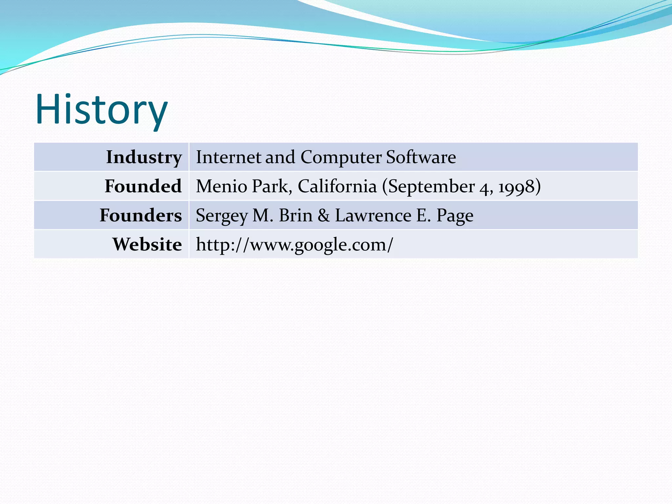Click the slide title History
102,110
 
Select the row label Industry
144,157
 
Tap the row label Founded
143,186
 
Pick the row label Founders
141,215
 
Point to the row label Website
147,244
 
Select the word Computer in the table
341,157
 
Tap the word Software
421,157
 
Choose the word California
337,186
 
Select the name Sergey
221,216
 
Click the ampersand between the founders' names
324,216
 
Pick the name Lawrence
373,215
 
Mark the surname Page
455,216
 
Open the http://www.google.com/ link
294,245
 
